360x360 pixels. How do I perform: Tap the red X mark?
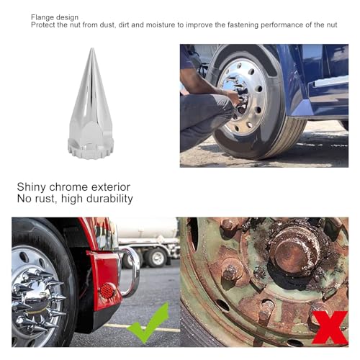332,328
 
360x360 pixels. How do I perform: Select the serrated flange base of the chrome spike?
90,150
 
